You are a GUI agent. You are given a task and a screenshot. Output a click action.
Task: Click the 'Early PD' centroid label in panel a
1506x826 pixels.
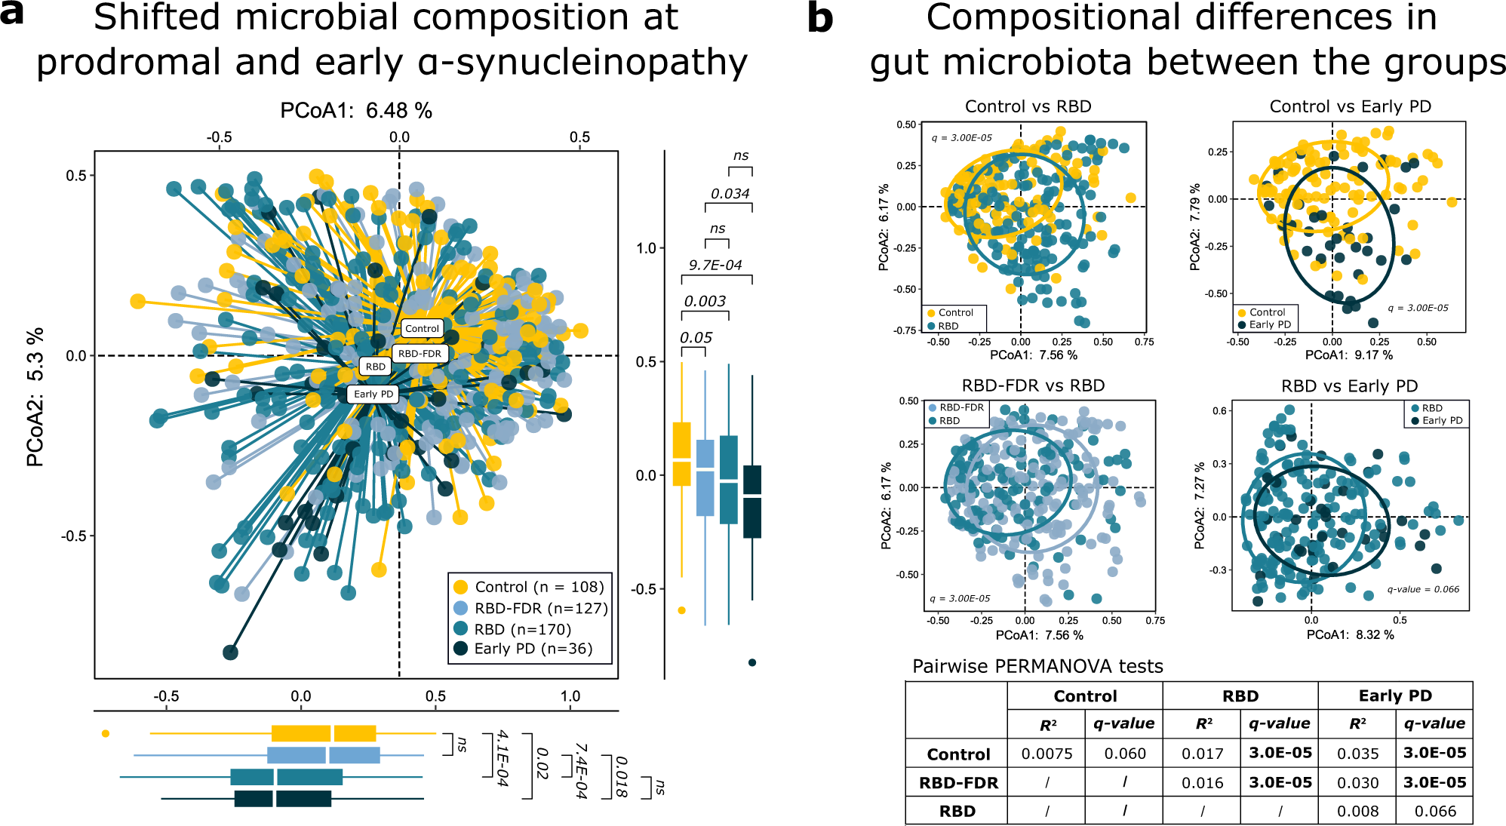[x=373, y=394]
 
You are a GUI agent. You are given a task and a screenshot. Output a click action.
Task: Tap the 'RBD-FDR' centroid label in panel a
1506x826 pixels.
[x=420, y=353]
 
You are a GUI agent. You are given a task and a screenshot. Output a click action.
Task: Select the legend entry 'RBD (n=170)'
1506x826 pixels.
[x=522, y=629]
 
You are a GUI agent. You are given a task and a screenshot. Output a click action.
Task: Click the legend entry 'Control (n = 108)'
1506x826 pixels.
[x=539, y=587]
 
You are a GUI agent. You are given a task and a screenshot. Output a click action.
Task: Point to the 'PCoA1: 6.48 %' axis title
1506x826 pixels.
[x=356, y=111]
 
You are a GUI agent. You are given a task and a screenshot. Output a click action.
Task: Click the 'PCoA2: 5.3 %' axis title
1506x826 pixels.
[x=35, y=397]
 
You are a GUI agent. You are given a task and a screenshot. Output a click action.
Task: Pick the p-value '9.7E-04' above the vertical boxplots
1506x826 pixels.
[x=715, y=265]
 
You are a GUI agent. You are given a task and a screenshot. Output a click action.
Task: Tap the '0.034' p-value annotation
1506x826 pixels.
[x=730, y=194]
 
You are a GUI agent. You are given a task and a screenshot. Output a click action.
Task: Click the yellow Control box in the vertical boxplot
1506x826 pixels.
[x=681, y=453]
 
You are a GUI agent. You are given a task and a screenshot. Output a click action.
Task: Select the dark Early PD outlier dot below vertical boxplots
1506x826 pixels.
[x=751, y=662]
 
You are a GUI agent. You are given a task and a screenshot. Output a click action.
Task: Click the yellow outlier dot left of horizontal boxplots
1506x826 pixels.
[x=106, y=733]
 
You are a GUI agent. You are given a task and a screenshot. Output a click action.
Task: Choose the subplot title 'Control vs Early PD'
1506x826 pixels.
[x=1350, y=106]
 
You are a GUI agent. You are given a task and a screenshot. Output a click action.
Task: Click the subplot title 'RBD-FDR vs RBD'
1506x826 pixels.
[x=1033, y=385]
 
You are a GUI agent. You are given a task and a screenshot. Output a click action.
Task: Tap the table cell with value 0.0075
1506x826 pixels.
[x=1047, y=754]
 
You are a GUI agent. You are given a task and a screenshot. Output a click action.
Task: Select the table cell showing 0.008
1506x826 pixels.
[x=1357, y=811]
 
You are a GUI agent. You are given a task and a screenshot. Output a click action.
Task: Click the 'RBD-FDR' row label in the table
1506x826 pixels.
[x=958, y=783]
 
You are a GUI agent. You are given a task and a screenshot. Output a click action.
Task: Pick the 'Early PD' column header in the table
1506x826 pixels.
[x=1394, y=695]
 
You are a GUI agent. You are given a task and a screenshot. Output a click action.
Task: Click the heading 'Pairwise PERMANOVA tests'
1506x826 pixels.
[x=1037, y=666]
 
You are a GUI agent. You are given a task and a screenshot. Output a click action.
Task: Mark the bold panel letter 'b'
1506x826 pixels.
[x=820, y=18]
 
